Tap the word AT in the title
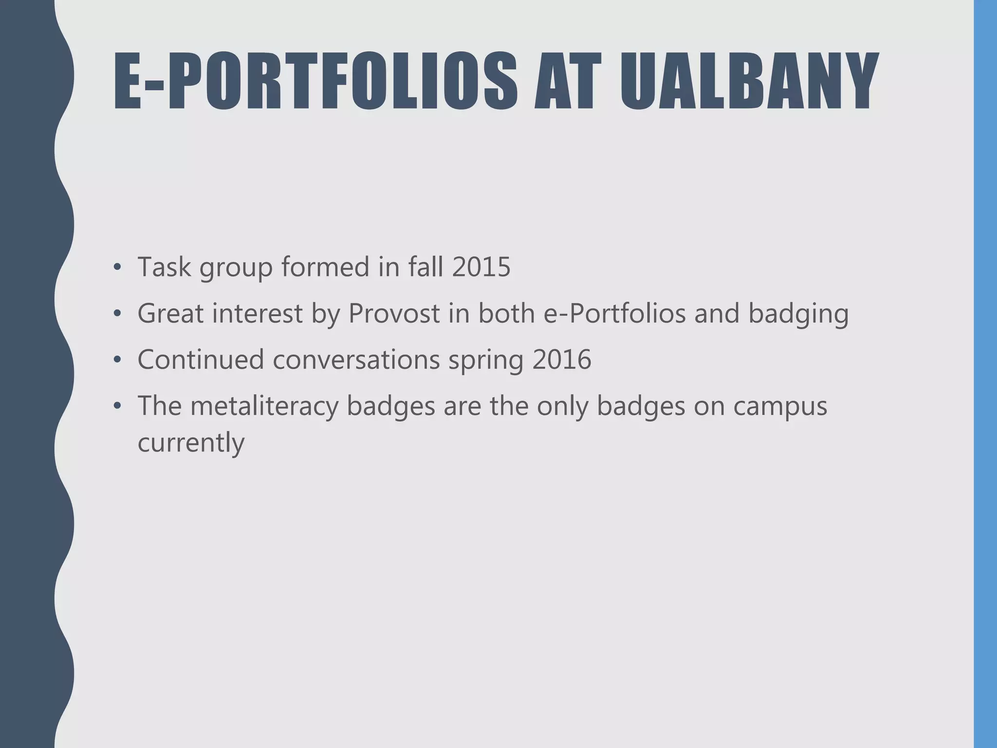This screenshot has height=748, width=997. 568,81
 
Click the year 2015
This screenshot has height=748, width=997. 481,267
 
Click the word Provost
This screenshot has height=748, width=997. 394,313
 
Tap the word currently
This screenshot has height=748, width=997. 191,443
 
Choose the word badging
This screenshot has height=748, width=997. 798,314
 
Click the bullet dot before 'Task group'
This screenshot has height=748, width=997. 116,268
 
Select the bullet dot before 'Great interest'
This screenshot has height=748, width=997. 116,314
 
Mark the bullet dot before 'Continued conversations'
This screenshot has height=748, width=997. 116,360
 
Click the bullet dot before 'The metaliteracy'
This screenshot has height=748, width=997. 116,407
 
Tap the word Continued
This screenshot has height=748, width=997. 201,359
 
